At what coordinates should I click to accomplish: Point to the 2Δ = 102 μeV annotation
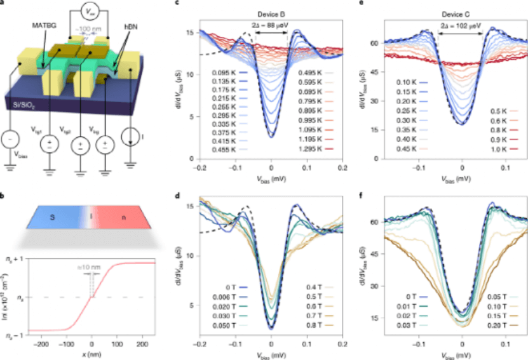[461, 27]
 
